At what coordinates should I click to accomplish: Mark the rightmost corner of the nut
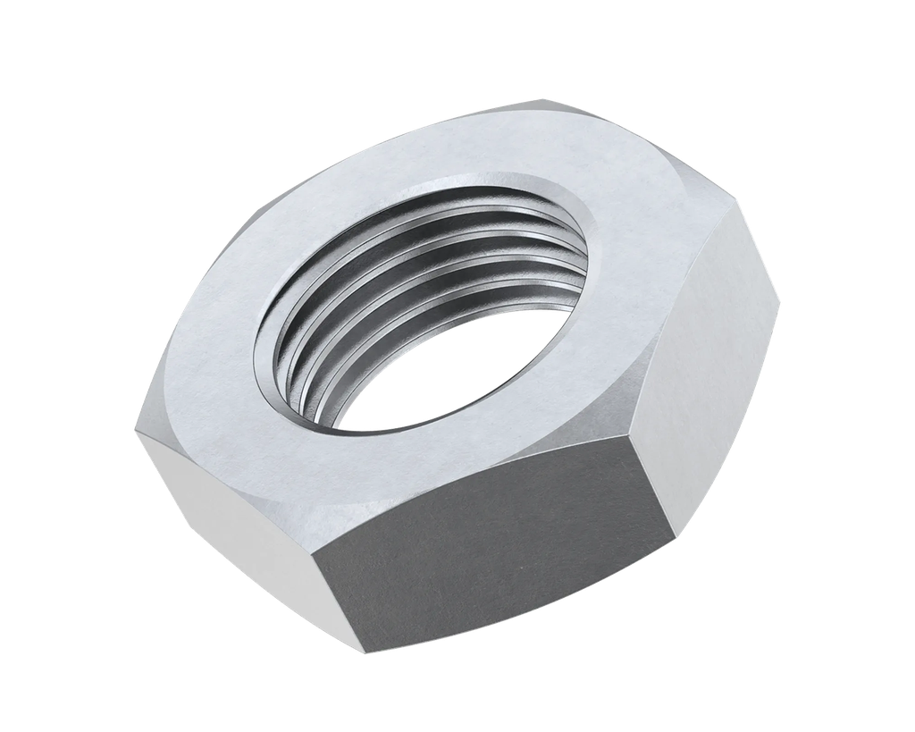[782, 299]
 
